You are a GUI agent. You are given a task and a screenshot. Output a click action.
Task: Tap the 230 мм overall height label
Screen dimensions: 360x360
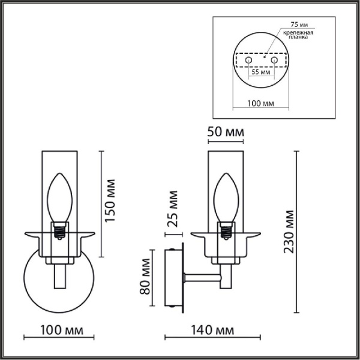290,232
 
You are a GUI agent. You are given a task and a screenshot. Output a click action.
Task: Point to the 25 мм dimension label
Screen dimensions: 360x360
173,208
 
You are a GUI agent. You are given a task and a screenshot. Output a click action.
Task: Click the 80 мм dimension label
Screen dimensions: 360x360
144,277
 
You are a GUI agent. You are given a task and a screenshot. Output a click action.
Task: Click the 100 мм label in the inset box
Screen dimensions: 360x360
260,104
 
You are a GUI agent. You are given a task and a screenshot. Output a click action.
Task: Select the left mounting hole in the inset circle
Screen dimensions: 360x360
247,61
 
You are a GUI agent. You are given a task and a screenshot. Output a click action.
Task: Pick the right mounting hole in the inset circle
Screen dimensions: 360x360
274,61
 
